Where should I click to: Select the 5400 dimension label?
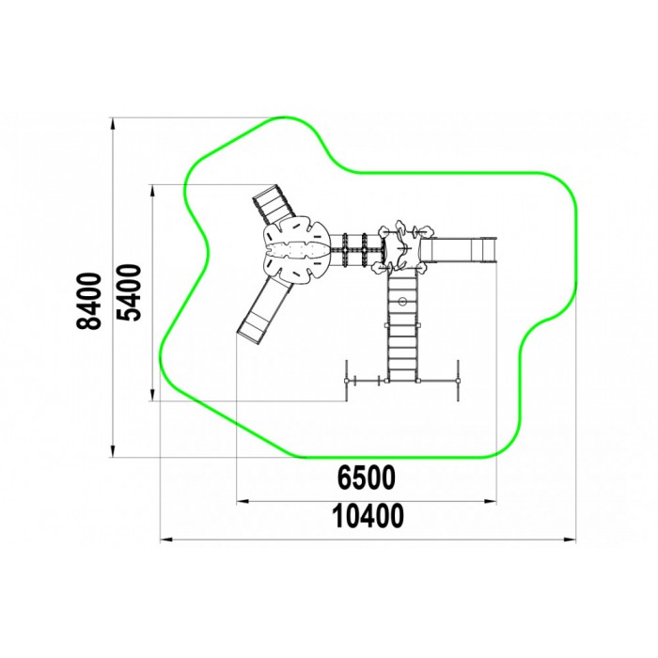click(128, 292)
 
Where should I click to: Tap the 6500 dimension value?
click(367, 478)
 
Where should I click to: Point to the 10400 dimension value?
click(368, 516)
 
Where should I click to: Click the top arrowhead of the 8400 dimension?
click(112, 124)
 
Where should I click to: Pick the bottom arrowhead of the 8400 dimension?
click(112, 451)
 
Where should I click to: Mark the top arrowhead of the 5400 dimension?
click(152, 191)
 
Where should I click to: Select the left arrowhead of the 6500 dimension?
click(243, 501)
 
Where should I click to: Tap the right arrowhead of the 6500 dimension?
click(490, 501)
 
